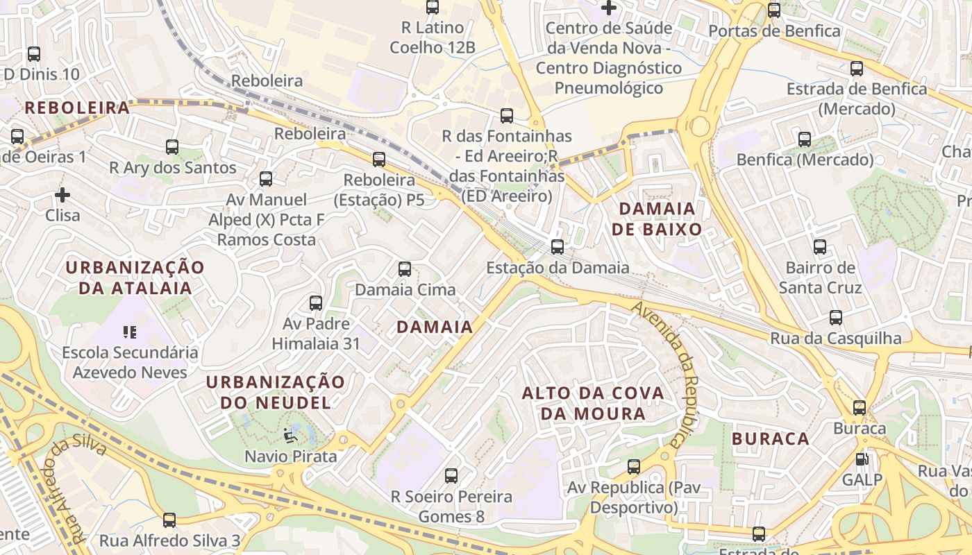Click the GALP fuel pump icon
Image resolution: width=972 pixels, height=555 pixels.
tap(862, 459)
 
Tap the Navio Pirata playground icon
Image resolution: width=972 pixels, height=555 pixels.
tap(290, 436)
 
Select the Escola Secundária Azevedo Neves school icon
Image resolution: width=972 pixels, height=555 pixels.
tap(129, 332)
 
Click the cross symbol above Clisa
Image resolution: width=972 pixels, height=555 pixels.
tap(62, 195)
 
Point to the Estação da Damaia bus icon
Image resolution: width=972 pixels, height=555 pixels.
tap(557, 247)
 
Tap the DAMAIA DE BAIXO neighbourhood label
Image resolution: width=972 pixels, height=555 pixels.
tap(656, 219)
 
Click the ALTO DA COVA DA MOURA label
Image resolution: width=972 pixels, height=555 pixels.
tap(593, 403)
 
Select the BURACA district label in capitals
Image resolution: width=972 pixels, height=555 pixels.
tap(771, 438)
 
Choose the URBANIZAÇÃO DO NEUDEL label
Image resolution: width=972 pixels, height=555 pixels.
tap(275, 392)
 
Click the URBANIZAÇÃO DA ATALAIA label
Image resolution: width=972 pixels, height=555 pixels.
tap(135, 277)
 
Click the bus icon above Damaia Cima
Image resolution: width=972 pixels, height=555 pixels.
tap(405, 269)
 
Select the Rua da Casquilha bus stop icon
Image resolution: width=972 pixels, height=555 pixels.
tap(835, 318)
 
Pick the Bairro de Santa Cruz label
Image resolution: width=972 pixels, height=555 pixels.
tap(820, 277)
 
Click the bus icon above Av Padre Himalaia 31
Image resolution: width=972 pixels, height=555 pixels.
tap(316, 303)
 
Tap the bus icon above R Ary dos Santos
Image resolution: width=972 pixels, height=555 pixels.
tap(172, 147)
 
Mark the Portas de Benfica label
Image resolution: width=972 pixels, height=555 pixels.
tap(774, 31)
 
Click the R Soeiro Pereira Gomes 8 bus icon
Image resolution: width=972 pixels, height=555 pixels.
tap(451, 476)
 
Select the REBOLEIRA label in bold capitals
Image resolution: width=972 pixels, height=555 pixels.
tap(77, 108)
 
